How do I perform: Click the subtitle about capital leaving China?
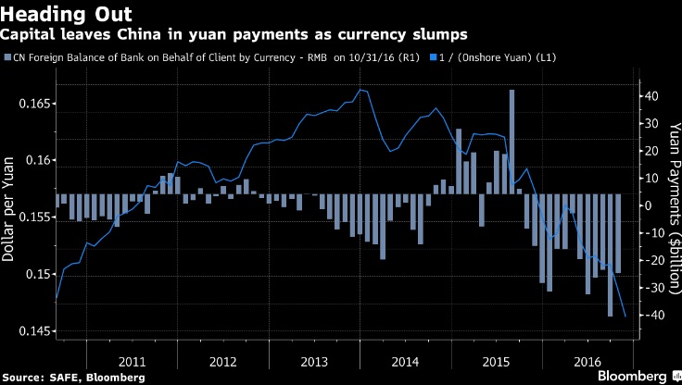point(233,34)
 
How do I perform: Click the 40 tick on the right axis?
point(651,96)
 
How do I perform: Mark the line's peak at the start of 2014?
point(360,90)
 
